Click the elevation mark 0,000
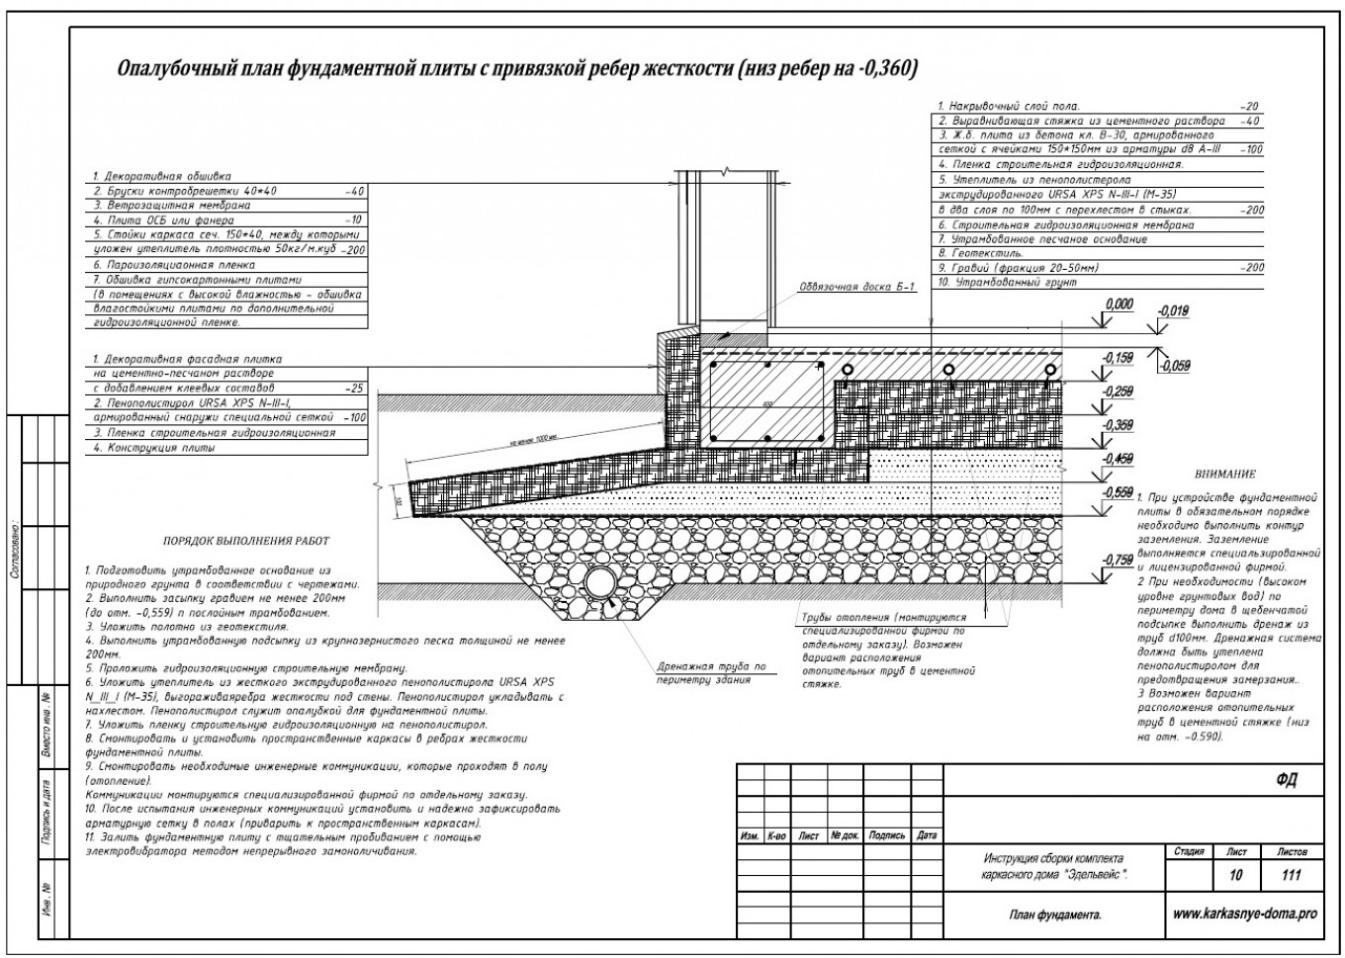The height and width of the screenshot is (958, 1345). [1119, 305]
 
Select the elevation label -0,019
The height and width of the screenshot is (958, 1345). [1173, 312]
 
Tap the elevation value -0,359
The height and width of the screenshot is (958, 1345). [1119, 425]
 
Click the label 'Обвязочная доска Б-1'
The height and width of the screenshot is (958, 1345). [858, 288]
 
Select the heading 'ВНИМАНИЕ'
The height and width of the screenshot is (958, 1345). [1224, 475]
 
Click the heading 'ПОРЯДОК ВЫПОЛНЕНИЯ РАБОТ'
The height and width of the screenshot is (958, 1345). [245, 542]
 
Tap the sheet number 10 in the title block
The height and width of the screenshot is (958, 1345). [1236, 875]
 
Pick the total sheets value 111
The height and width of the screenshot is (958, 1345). [1291, 875]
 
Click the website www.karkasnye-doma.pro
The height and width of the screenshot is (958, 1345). [1244, 915]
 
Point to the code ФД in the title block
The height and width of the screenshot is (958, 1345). [1286, 781]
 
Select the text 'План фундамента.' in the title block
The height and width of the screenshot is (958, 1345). [1055, 916]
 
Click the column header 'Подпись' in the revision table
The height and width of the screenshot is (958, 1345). [886, 835]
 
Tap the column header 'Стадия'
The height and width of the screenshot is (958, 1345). [1189, 851]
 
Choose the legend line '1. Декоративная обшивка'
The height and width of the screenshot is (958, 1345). [162, 177]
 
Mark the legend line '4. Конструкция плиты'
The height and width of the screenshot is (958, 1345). [154, 448]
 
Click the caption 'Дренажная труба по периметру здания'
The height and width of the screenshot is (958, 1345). [711, 673]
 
